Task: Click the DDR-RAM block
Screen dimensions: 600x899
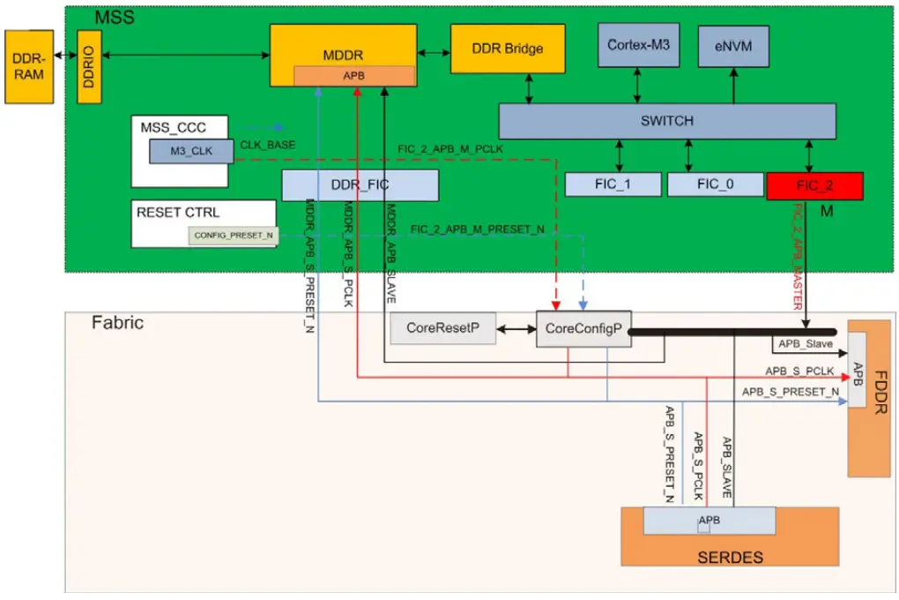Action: [28, 66]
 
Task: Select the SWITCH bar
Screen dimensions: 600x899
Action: [666, 121]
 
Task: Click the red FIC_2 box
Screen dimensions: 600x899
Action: [814, 185]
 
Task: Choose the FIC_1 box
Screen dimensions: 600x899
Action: [613, 184]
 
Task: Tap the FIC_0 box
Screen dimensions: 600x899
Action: [715, 184]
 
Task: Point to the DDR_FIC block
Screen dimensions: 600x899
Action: [360, 185]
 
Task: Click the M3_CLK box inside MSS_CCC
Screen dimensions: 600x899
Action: [191, 151]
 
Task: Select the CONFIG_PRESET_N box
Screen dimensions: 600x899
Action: [234, 236]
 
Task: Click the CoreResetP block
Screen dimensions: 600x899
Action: [442, 328]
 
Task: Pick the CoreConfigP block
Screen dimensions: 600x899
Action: [583, 329]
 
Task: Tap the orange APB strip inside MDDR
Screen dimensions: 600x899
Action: [354, 76]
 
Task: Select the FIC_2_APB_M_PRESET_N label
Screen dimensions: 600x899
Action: [477, 229]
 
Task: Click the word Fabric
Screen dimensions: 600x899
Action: [117, 323]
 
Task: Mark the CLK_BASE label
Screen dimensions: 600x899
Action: [268, 144]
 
